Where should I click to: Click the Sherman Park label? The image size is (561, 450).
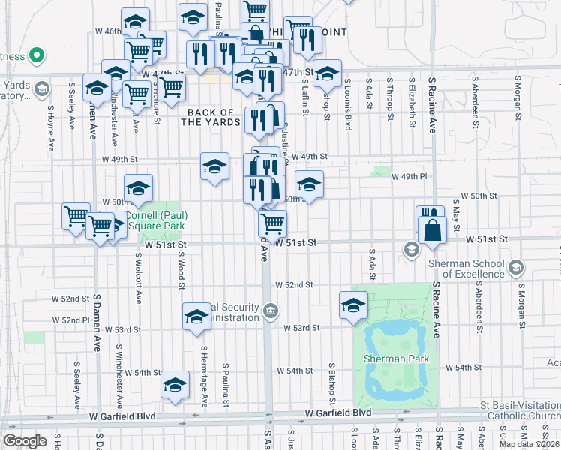pos(396,358)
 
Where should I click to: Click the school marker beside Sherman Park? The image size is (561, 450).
pos(353,304)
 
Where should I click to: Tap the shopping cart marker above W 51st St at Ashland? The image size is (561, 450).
pos(272,222)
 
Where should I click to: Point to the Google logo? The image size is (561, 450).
pos(25,441)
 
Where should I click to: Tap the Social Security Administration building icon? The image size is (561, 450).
pos(271,308)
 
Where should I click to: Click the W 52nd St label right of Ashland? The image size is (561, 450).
pos(293,286)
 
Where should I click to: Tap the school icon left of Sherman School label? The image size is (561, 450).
pos(411,249)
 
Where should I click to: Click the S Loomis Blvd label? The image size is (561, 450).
pos(348,98)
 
